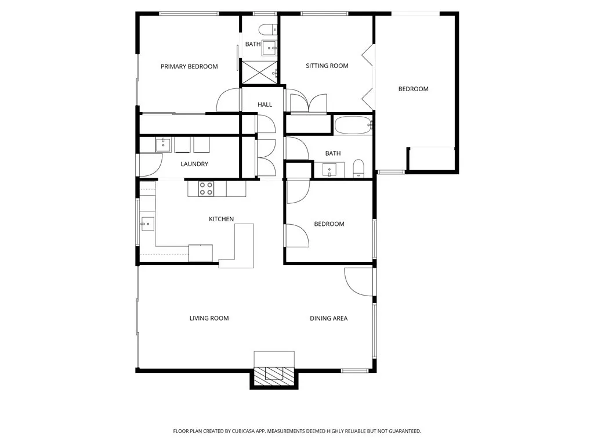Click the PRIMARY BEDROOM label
click(189, 67)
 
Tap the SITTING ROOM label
click(327, 66)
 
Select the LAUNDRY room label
click(194, 164)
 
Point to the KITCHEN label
click(221, 219)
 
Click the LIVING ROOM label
click(209, 319)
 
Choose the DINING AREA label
click(328, 319)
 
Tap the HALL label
click(265, 105)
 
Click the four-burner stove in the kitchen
click(206, 189)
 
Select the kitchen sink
click(147, 224)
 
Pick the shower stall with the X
click(259, 72)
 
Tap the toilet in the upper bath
click(268, 30)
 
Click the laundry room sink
click(163, 145)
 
